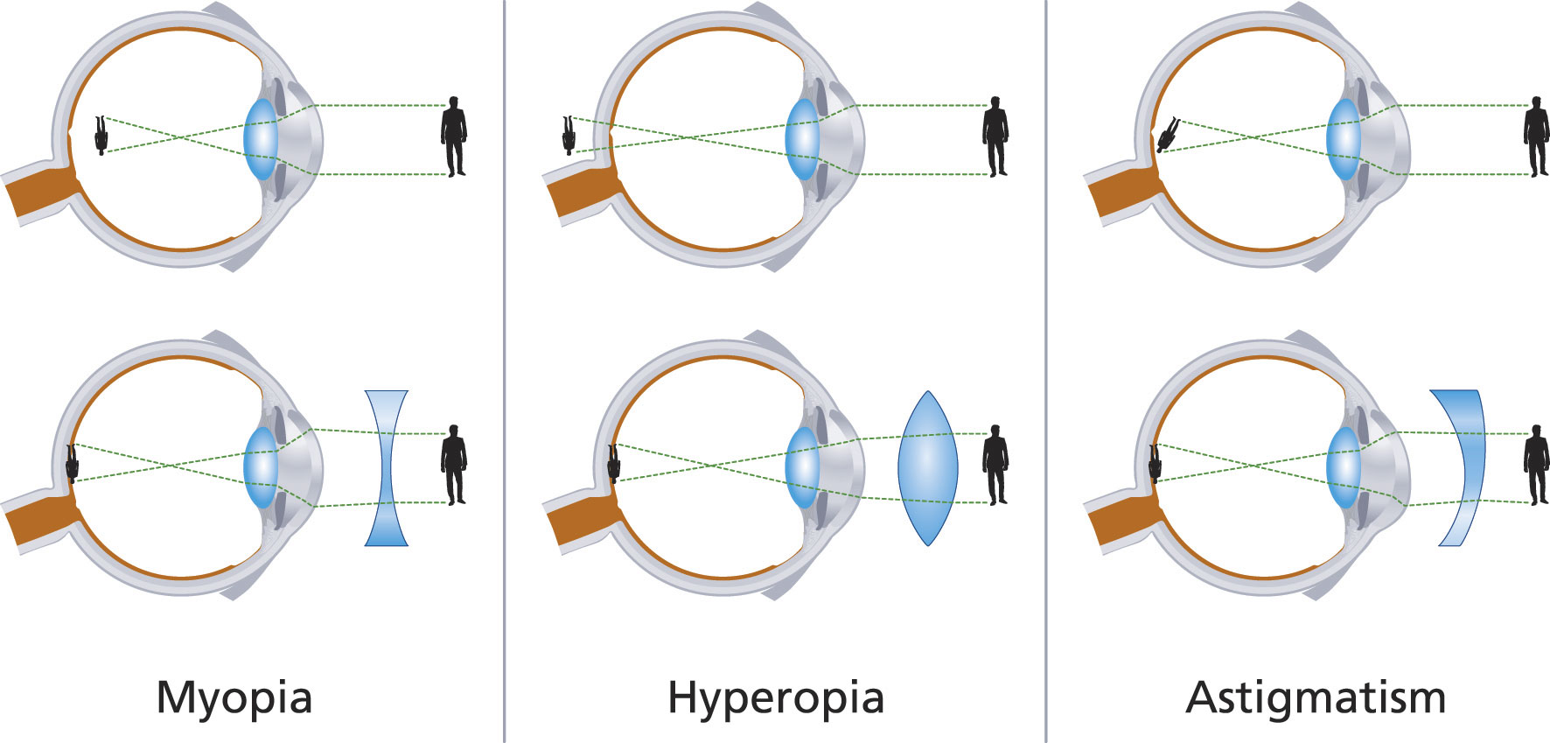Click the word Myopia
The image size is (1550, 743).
click(x=234, y=698)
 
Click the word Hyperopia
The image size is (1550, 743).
click(x=775, y=698)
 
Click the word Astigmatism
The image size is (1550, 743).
click(x=1316, y=698)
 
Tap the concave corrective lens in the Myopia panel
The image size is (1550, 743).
click(x=386, y=468)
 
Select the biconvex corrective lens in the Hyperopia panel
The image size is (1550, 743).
click(x=927, y=468)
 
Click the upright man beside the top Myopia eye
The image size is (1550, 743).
click(x=453, y=137)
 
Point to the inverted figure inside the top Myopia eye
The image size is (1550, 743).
click(x=101, y=135)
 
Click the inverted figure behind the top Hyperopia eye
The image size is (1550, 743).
click(x=569, y=135)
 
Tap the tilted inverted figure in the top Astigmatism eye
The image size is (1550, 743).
click(x=1167, y=134)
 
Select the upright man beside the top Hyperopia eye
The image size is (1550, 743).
click(x=995, y=137)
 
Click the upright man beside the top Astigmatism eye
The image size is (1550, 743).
click(x=1536, y=137)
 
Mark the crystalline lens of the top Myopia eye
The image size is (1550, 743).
click(x=261, y=140)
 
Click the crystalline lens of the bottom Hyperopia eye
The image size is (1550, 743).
click(x=802, y=468)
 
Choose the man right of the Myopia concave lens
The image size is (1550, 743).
click(x=453, y=465)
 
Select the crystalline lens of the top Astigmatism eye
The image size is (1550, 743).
click(x=1344, y=140)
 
